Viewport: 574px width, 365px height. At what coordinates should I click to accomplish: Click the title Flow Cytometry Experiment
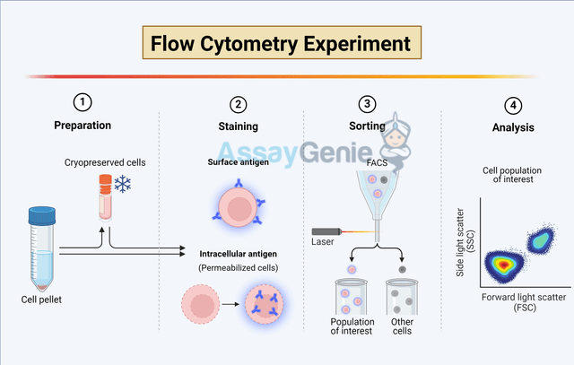click(x=281, y=43)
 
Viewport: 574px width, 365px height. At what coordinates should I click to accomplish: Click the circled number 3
click(x=370, y=103)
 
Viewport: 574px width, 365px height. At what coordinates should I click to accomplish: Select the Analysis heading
click(x=513, y=128)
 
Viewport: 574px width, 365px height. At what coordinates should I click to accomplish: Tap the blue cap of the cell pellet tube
click(x=41, y=215)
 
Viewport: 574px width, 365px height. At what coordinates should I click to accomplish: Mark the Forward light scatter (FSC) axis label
click(x=519, y=301)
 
